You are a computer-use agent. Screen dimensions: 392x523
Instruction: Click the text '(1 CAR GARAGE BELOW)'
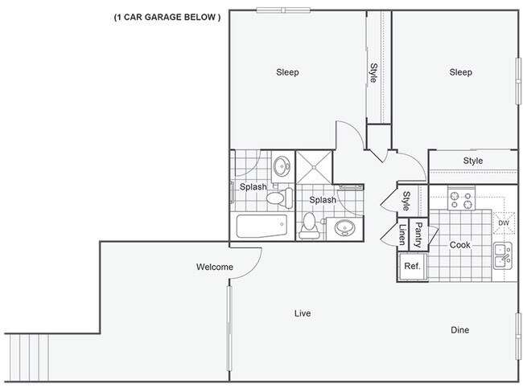coord(167,17)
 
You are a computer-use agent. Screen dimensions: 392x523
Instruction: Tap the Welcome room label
coord(215,267)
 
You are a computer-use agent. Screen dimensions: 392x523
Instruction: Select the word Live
coord(303,312)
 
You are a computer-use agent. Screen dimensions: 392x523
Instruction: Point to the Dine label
coord(460,330)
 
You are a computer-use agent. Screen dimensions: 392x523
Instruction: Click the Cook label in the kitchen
coord(459,245)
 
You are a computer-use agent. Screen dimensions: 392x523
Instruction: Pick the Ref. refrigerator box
coord(412,267)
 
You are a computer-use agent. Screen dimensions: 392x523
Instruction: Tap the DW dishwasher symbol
coord(504,223)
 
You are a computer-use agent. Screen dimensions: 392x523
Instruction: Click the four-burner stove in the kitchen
coord(463,198)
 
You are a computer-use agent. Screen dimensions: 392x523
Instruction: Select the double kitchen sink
coord(503,255)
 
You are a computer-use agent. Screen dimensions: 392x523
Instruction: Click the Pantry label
coord(418,236)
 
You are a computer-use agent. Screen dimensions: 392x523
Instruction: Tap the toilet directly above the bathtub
coord(276,198)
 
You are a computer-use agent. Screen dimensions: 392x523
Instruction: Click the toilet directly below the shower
coord(309,227)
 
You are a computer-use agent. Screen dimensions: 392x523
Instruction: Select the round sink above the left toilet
coord(282,167)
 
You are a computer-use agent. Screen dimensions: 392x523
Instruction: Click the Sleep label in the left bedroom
coord(287,72)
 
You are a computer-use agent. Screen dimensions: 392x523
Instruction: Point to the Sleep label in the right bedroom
coord(460,72)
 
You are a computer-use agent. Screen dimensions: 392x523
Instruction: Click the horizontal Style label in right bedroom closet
coord(473,161)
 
